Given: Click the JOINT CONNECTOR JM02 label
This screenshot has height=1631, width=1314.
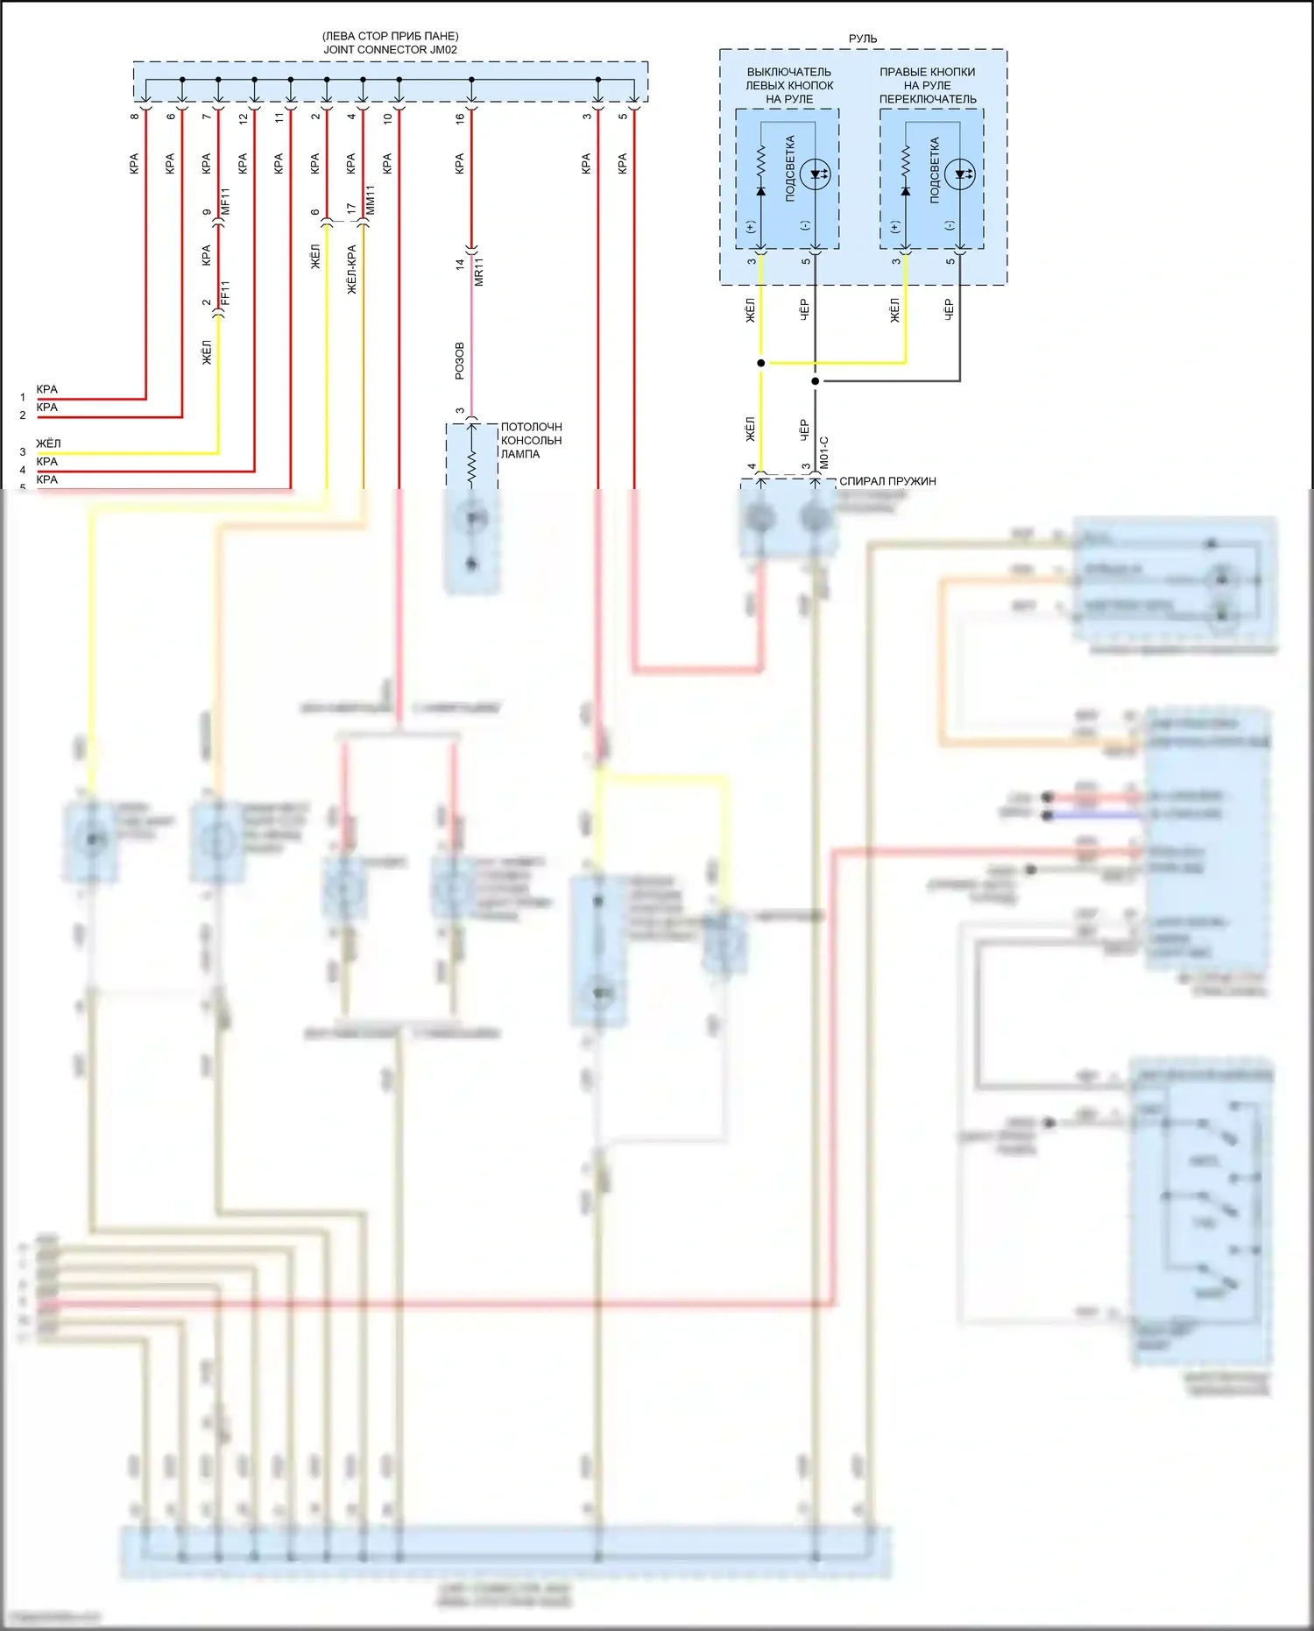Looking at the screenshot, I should point(390,50).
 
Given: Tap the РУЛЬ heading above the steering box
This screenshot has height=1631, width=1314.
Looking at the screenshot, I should point(863,39).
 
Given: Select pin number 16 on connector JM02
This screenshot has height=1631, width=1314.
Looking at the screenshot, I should point(460,117).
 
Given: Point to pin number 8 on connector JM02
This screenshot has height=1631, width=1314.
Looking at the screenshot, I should point(135,117).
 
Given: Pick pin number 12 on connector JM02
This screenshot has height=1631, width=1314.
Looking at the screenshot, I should point(244,117).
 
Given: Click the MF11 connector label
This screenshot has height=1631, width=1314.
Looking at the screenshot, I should point(225,202).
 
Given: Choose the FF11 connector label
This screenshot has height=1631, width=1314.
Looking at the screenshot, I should point(225,294).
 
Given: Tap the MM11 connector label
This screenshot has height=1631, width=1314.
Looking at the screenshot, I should point(370,201).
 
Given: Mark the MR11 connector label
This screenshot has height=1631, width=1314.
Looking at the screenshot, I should point(478,273).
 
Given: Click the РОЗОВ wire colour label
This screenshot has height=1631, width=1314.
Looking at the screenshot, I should point(460,361).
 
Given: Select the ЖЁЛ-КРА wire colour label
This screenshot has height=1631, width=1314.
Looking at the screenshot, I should point(351,269).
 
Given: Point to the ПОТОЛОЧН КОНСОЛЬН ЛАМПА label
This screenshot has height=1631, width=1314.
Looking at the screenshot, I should point(531,441).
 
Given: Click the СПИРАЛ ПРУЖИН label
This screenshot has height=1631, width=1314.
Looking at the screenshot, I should point(887,481).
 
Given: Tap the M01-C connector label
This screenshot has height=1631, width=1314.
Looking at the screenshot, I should point(823,453).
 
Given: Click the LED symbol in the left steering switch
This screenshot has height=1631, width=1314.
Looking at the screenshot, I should point(816,174).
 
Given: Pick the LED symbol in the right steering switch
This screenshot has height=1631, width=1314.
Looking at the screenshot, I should point(961,174).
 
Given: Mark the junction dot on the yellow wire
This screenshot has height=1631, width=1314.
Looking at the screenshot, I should point(761,363).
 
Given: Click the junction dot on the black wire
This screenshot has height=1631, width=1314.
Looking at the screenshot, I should point(816,381).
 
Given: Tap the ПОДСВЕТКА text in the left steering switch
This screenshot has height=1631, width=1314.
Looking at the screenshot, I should point(790,169).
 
